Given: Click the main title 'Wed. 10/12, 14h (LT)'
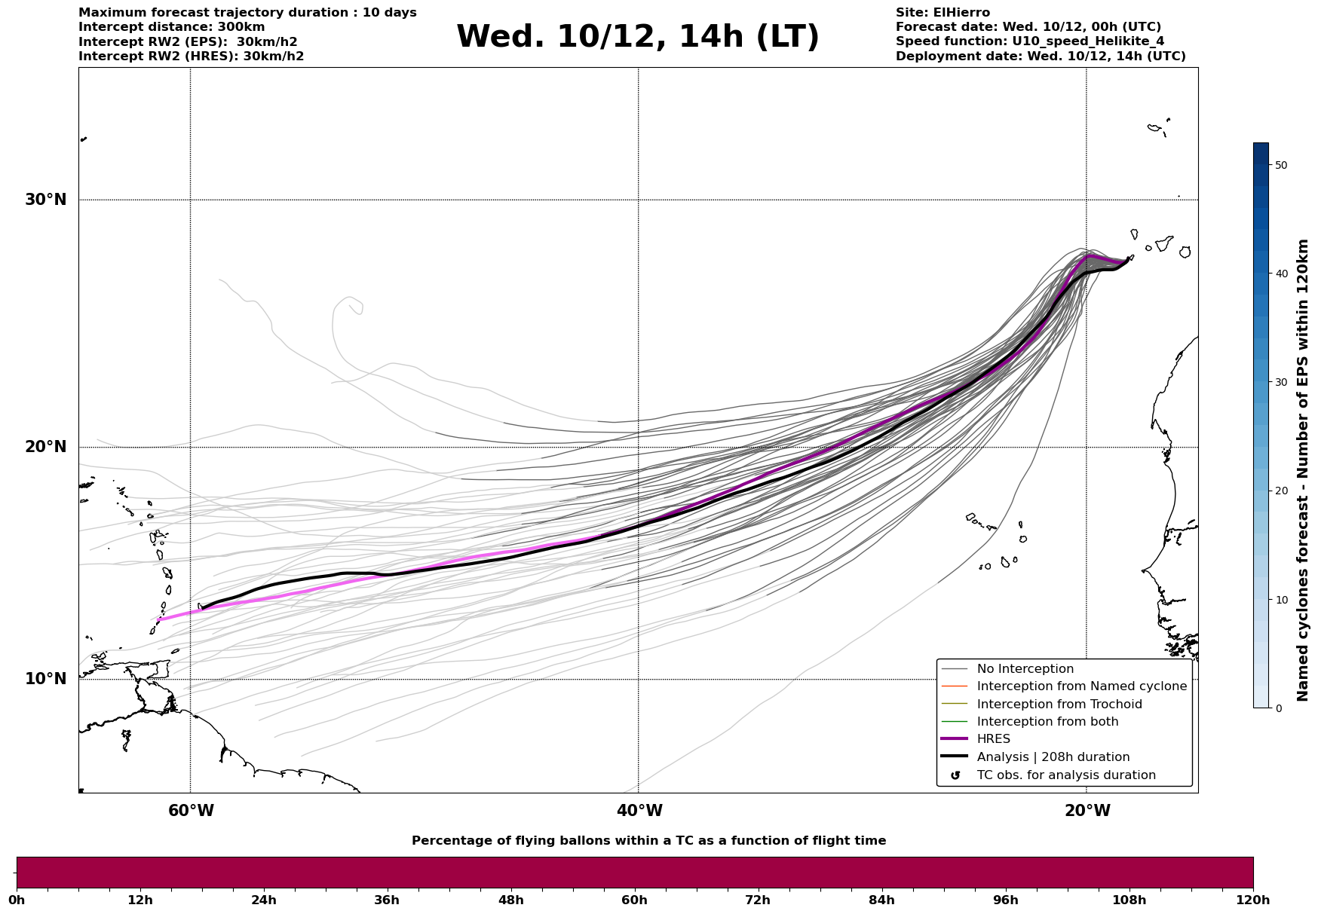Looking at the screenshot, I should pos(637,37).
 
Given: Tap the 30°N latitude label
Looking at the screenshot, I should pos(45,200).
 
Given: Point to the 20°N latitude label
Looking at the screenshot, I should pos(45,447).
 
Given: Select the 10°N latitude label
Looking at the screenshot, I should pos(45,679).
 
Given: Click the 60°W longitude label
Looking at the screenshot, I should pos(191,811).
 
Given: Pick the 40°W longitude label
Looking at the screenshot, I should pos(639,811).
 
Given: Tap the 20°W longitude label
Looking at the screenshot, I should pos(1087,811).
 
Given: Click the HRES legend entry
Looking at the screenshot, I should pos(993,739).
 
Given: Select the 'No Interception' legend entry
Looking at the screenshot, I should pos(1025,669).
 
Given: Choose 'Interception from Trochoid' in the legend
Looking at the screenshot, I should pos(1059,705).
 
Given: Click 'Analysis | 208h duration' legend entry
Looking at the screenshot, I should pos(1053,757).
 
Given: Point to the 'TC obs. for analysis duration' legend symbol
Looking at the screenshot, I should pos(955,775).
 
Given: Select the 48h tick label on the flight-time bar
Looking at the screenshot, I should pos(510,900).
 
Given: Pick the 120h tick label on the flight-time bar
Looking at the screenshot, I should pos(1252,900).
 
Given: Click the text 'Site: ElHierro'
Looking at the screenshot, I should pos(943,13).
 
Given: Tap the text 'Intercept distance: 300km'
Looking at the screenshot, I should pos(171,27).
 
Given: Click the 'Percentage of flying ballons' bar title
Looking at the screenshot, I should pos(648,841).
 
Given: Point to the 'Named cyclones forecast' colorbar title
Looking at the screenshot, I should pos(1302,470).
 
